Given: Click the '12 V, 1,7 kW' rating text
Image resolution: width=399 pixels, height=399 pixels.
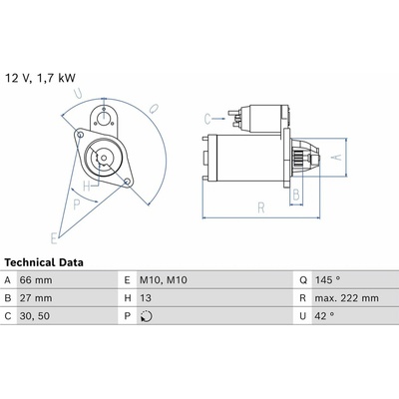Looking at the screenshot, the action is [x=40, y=78].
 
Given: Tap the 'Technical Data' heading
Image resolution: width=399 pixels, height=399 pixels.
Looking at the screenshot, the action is [x=44, y=262].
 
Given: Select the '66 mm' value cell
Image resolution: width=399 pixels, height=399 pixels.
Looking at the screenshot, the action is [x=36, y=280].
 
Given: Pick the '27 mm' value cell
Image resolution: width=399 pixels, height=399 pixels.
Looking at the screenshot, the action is [x=36, y=298].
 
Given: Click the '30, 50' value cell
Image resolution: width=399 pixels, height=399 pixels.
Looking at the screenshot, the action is [x=35, y=316].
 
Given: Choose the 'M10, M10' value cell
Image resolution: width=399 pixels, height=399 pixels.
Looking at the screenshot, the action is [x=164, y=280].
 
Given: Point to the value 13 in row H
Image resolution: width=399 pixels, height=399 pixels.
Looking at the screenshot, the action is [x=146, y=298].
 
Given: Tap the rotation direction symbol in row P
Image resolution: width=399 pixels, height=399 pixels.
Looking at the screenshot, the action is [x=147, y=316].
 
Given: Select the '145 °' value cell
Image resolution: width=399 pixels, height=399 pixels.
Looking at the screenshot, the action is [x=327, y=280].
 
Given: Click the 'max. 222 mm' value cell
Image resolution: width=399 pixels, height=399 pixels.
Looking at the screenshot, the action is [x=347, y=298].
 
